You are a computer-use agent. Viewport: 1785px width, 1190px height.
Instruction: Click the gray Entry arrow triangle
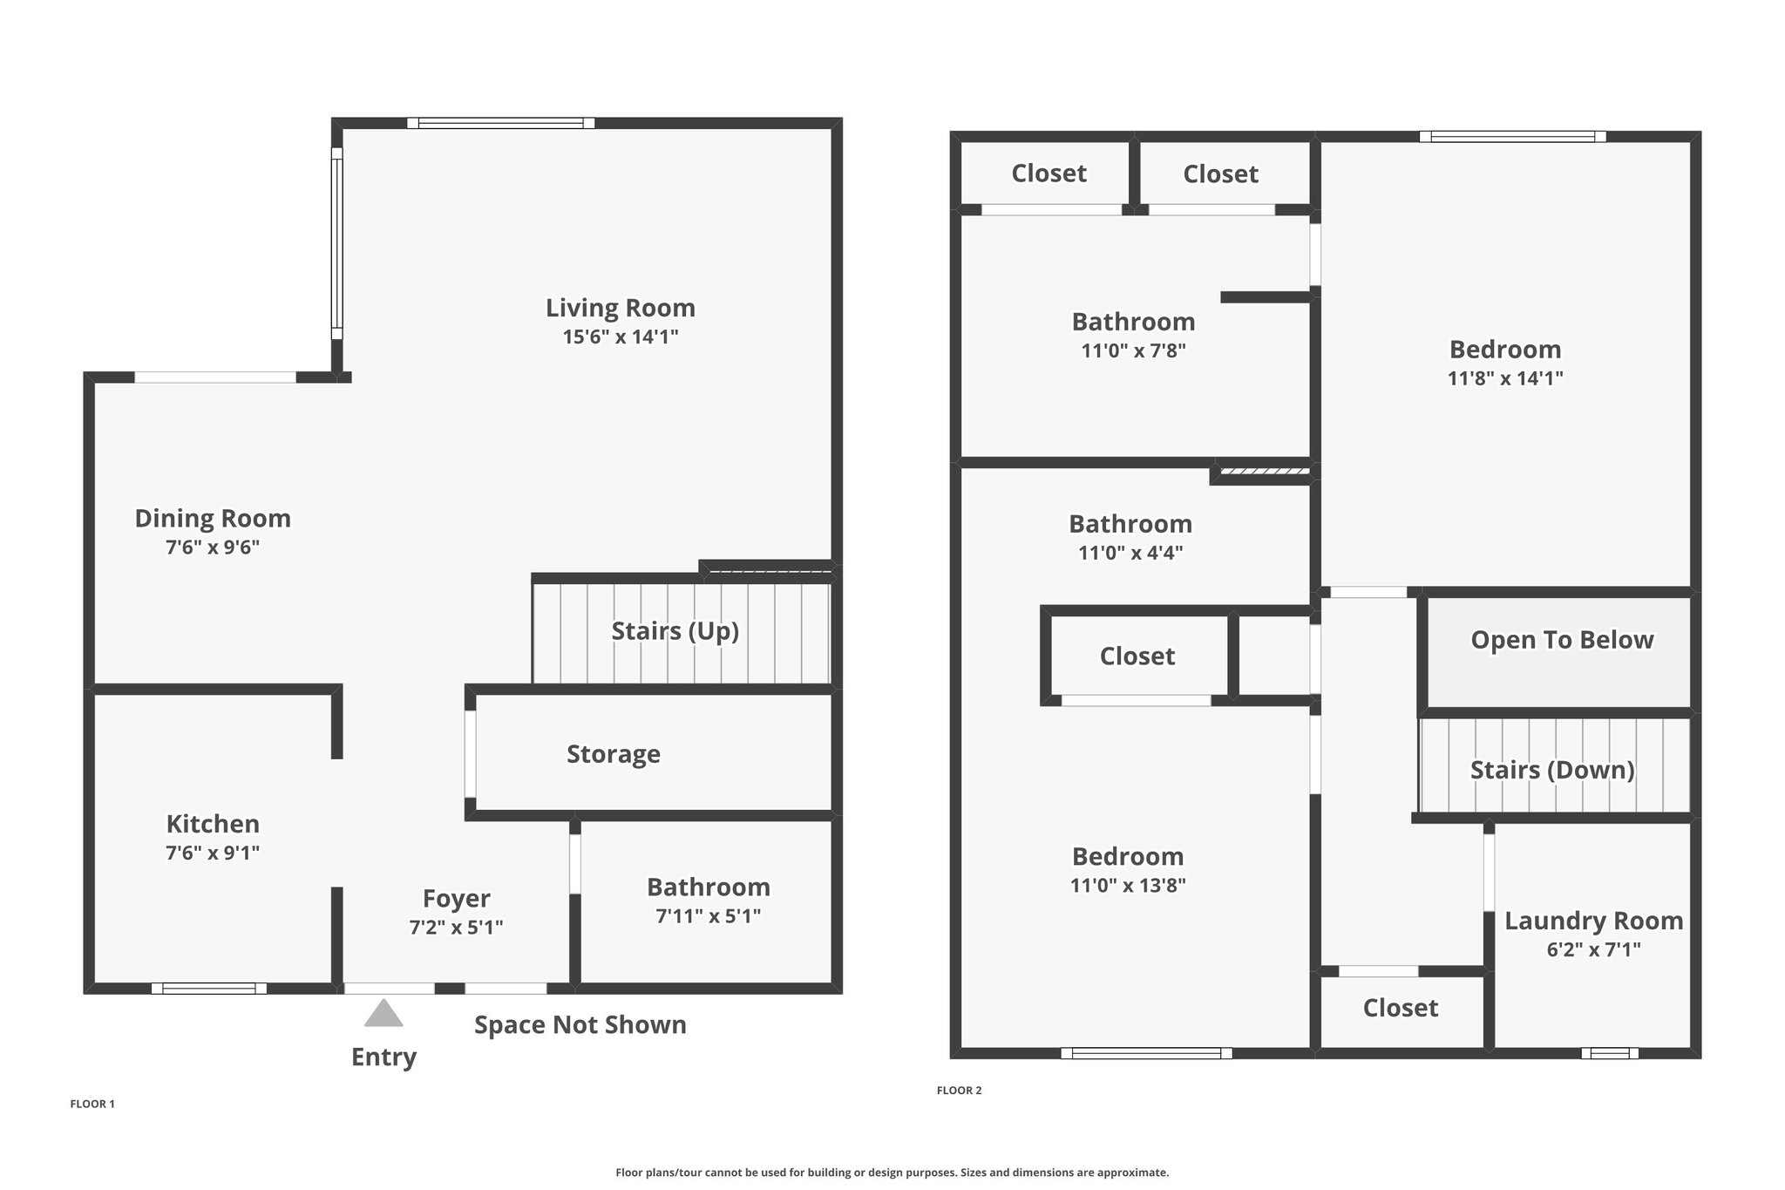[383, 1013]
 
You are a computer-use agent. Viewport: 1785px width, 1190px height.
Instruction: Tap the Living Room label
[621, 308]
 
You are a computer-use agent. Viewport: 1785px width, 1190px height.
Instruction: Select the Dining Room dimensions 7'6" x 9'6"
[213, 547]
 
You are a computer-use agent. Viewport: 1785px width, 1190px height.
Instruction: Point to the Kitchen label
[213, 824]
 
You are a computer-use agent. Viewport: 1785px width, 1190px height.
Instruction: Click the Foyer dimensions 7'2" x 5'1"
[456, 928]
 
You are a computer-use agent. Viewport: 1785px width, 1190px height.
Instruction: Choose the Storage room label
[614, 754]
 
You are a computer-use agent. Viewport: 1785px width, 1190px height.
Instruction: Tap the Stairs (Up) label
[675, 631]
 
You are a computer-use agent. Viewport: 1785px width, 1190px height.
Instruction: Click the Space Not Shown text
[580, 1025]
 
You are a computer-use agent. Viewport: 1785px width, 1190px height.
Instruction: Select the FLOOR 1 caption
[92, 1104]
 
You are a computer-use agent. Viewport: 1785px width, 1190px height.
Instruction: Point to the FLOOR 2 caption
[960, 1090]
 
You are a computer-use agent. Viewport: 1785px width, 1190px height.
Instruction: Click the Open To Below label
[1562, 640]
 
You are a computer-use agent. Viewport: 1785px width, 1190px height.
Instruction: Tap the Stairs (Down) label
[1552, 770]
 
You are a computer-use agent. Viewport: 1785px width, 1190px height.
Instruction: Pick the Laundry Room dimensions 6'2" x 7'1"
[1593, 949]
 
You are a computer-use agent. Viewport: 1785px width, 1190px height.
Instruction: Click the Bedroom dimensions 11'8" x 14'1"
[1505, 378]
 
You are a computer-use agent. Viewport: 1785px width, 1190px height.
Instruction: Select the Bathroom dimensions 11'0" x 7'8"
[1133, 350]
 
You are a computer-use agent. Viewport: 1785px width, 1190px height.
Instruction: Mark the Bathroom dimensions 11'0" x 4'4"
[1130, 553]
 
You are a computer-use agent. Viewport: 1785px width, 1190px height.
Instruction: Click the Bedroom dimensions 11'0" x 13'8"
[1128, 886]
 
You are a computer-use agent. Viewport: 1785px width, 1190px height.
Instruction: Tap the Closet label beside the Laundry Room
[1401, 1008]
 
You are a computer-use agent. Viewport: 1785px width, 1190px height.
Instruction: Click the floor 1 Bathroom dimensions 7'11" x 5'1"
[709, 916]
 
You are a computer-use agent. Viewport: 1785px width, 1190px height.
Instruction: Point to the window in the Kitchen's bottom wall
[209, 989]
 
